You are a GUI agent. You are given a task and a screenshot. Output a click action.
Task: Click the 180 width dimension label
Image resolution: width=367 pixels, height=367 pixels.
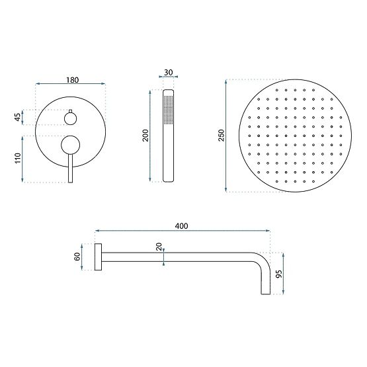73,80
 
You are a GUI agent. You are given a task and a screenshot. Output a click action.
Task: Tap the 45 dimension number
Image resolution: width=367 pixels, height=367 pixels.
18,118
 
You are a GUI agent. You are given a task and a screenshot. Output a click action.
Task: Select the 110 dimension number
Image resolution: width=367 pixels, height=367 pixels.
18,159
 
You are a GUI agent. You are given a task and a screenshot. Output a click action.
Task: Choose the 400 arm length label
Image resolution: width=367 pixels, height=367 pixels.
183,226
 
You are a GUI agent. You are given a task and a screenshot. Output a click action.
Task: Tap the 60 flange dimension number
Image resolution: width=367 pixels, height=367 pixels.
78,257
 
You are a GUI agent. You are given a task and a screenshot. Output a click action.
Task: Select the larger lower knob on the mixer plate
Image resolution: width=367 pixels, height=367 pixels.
69,143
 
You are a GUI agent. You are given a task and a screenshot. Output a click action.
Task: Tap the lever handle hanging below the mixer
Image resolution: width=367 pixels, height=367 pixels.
69,169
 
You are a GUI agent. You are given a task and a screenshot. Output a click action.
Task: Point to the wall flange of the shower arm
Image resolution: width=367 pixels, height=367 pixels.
98,257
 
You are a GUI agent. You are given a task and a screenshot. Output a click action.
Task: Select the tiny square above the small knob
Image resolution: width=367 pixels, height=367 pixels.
69,109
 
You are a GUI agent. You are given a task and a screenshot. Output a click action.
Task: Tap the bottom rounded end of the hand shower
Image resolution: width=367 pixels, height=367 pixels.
167,179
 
